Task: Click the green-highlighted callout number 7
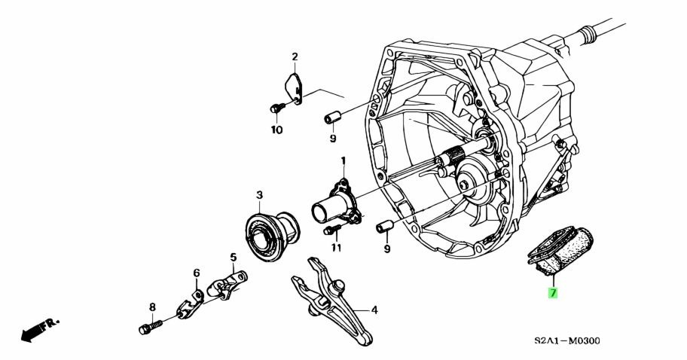pyautogui.click(x=553, y=293)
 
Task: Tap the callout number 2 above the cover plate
pyautogui.click(x=295, y=56)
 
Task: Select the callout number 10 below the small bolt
pyautogui.click(x=276, y=130)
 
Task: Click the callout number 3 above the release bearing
pyautogui.click(x=259, y=194)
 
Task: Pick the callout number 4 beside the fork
pyautogui.click(x=374, y=310)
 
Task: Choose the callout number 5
pyautogui.click(x=233, y=257)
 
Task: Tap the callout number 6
pyautogui.click(x=197, y=273)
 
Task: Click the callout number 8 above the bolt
pyautogui.click(x=152, y=307)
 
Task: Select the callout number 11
pyautogui.click(x=336, y=249)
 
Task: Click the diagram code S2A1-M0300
pyautogui.click(x=567, y=340)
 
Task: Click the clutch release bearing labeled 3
pyautogui.click(x=272, y=236)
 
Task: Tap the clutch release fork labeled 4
pyautogui.click(x=331, y=301)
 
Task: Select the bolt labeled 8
pyautogui.click(x=151, y=327)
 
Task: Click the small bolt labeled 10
pyautogui.click(x=277, y=107)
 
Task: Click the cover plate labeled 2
pyautogui.click(x=294, y=90)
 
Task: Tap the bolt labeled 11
pyautogui.click(x=332, y=229)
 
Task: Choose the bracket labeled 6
pyautogui.click(x=190, y=304)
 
